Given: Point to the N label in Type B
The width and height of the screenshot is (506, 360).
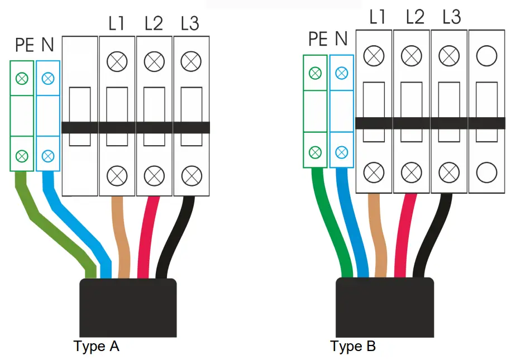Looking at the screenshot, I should point(341,39).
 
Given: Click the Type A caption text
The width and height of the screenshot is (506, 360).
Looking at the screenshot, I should point(96,347).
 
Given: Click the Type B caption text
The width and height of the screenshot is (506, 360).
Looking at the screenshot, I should point(353,347).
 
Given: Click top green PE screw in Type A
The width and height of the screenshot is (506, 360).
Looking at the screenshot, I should point(22,78).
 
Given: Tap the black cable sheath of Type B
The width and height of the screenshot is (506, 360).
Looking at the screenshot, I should point(384,307).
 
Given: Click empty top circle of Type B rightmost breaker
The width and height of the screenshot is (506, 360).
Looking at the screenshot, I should point(486,55).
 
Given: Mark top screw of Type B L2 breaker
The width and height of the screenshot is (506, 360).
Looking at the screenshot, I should point(412,55).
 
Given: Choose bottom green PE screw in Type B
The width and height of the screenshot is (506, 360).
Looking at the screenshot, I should point(315,151).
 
